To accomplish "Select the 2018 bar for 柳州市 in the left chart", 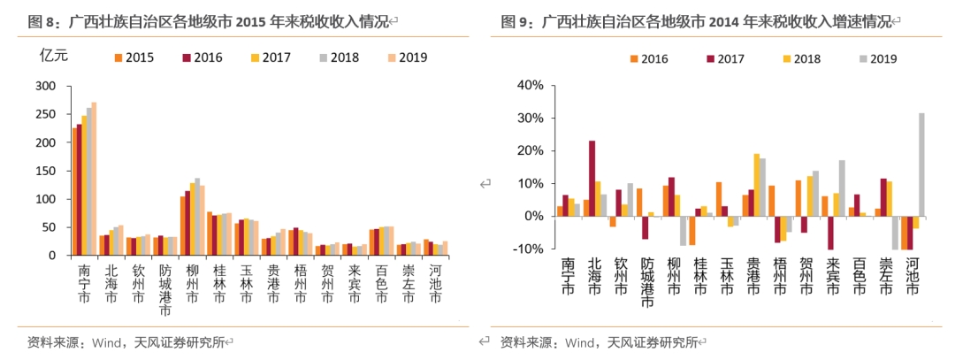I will click(x=197, y=217).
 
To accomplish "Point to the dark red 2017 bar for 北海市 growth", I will click(x=592, y=178).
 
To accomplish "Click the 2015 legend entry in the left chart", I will click(x=133, y=57).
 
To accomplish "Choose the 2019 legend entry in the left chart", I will click(x=406, y=57).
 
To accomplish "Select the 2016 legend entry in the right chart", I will click(x=648, y=59).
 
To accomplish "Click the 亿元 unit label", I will click(x=54, y=55).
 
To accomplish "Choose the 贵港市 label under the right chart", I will click(x=754, y=274).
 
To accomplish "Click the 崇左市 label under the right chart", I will click(x=890, y=274).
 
